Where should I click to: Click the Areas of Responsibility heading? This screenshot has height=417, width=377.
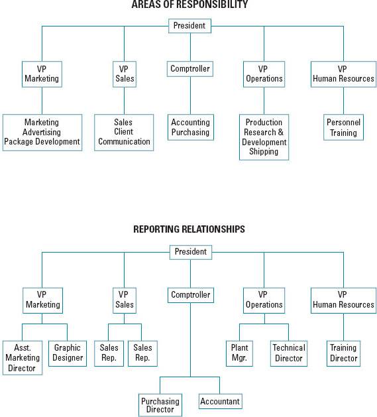[x=189, y=4]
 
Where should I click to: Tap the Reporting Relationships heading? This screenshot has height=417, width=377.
[x=189, y=229]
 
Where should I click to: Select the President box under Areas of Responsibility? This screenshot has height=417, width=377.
[x=190, y=26]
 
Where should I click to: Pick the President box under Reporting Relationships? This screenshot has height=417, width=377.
[x=191, y=252]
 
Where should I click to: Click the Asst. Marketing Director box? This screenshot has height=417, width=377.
[x=23, y=358]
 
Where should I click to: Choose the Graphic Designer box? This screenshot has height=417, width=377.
[x=68, y=353]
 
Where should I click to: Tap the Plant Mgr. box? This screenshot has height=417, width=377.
[x=239, y=353]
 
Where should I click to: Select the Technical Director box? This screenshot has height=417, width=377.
[x=289, y=353]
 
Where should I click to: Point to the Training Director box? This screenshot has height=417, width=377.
[x=343, y=353]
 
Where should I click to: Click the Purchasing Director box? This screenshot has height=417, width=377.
[x=160, y=405]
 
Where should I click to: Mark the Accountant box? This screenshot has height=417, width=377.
[x=221, y=401]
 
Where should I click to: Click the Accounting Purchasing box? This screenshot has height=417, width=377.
[x=191, y=127]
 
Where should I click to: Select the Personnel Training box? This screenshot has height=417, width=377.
[x=343, y=127]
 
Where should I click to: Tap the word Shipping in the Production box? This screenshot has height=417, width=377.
[x=264, y=151]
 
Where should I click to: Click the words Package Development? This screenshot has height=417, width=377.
[x=42, y=141]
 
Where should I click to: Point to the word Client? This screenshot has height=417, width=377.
[x=124, y=131]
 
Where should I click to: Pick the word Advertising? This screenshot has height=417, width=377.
[x=42, y=132]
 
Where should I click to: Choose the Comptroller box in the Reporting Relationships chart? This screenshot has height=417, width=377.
[x=191, y=295]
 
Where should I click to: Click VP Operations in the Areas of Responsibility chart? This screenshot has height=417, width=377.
[x=264, y=74]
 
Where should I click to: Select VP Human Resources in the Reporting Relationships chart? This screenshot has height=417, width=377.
[x=343, y=300]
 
